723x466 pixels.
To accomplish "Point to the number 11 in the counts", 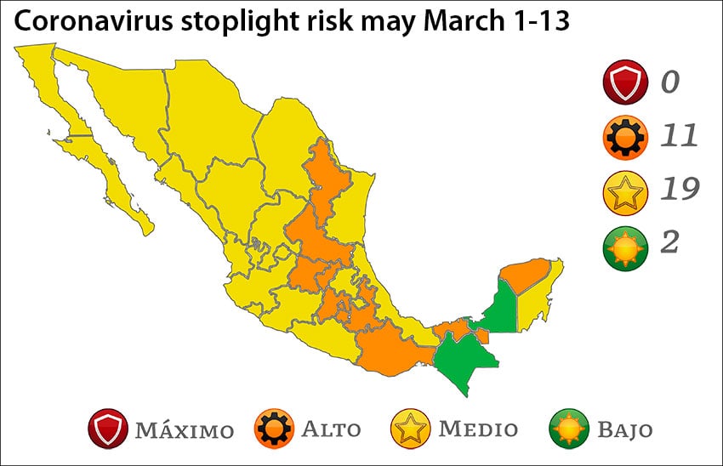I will pos(678,136).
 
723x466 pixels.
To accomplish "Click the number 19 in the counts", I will pos(680,190).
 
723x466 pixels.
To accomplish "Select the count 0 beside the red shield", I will pos(671,82).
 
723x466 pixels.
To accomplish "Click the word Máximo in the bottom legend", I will pos(184,429).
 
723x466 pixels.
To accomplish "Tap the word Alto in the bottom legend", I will pos(333,429).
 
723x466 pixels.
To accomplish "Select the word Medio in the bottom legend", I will pos(477,429).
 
